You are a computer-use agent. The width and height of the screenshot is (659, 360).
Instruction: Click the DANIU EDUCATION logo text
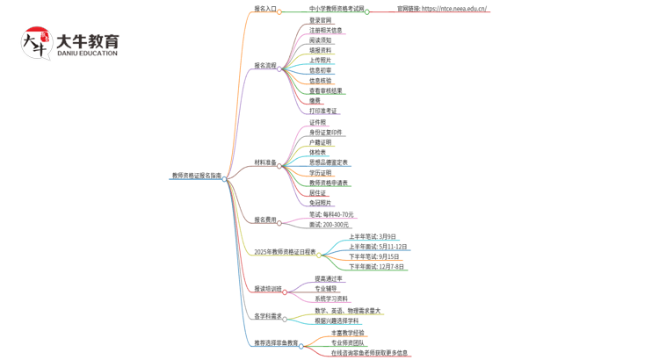(86, 54)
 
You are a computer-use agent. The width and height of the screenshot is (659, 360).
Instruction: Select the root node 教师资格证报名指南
(196, 176)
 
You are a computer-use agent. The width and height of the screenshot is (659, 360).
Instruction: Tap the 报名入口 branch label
(264, 9)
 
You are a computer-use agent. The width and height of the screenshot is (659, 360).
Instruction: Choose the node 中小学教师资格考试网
(337, 9)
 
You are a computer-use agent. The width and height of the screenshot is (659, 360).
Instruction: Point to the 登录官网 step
(321, 19)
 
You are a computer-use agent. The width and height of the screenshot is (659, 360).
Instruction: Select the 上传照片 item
(321, 60)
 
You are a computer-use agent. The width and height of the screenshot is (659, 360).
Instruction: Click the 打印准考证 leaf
(323, 111)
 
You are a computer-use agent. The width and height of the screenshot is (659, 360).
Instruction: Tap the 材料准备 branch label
(264, 162)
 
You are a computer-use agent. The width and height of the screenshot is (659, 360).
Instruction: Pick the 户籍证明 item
(321, 142)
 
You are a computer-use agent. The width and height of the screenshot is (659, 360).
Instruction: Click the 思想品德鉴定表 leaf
(329, 162)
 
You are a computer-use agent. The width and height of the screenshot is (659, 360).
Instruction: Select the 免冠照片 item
(321, 203)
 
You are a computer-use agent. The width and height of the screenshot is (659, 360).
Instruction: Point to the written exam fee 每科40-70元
(331, 214)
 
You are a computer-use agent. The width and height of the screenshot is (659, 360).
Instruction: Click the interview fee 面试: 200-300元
(329, 225)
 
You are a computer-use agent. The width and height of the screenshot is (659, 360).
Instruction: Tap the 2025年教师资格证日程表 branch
(285, 252)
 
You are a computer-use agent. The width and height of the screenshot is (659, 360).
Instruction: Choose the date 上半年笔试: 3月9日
(373, 236)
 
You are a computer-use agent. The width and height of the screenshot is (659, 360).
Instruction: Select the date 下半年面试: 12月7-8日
(376, 266)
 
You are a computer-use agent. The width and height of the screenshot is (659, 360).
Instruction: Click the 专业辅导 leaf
(326, 288)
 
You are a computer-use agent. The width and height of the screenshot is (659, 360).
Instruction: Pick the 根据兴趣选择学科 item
(337, 320)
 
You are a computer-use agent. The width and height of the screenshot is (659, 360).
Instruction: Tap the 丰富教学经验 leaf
(347, 333)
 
